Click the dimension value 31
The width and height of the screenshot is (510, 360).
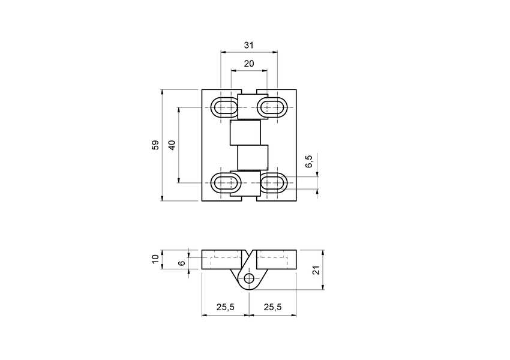coord(248,45)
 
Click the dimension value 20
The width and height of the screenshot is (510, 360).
coord(248,63)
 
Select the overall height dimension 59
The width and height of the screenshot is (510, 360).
coord(155,145)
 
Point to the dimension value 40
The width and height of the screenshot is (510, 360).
coord(172,145)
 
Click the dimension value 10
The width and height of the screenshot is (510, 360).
coord(155,259)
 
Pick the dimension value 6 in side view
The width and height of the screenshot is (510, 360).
coord(181,263)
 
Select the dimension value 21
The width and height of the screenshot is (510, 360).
coord(317,270)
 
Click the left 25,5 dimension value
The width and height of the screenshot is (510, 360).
coord(225,307)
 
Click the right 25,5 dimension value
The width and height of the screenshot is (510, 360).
coord(272,307)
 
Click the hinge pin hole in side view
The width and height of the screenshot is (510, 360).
coord(248,278)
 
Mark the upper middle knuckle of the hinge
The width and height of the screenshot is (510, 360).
coord(245,133)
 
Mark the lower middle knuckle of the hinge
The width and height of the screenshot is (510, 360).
coord(252,157)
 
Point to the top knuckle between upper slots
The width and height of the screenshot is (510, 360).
coord(248,106)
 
